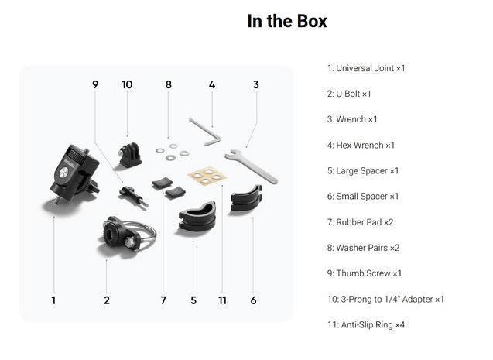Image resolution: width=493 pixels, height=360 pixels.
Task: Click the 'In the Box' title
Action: point(287,21)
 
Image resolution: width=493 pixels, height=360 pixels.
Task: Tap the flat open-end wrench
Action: point(252,165)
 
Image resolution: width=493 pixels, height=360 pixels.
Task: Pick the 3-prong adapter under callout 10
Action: point(129,154)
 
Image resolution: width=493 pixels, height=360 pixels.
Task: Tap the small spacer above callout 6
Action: point(247,198)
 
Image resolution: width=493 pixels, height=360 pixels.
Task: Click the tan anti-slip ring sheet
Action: point(207,176)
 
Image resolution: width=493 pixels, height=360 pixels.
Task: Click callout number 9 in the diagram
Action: point(95,84)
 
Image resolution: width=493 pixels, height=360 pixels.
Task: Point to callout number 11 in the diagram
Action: point(222,300)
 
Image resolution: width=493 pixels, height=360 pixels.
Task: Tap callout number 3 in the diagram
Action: point(256,84)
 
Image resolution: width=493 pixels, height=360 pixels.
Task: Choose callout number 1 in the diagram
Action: point(53,300)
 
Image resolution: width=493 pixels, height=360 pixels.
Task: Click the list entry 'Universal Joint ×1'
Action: point(366,68)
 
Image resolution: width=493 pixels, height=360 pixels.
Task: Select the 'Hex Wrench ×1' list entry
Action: point(361,146)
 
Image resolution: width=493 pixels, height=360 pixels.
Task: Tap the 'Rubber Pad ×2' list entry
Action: point(361,222)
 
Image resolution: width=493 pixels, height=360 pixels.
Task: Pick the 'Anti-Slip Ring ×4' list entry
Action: point(366,325)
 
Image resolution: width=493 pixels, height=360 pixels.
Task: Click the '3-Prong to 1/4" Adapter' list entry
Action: point(385,299)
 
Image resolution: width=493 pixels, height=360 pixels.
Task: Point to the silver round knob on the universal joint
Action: point(63,173)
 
